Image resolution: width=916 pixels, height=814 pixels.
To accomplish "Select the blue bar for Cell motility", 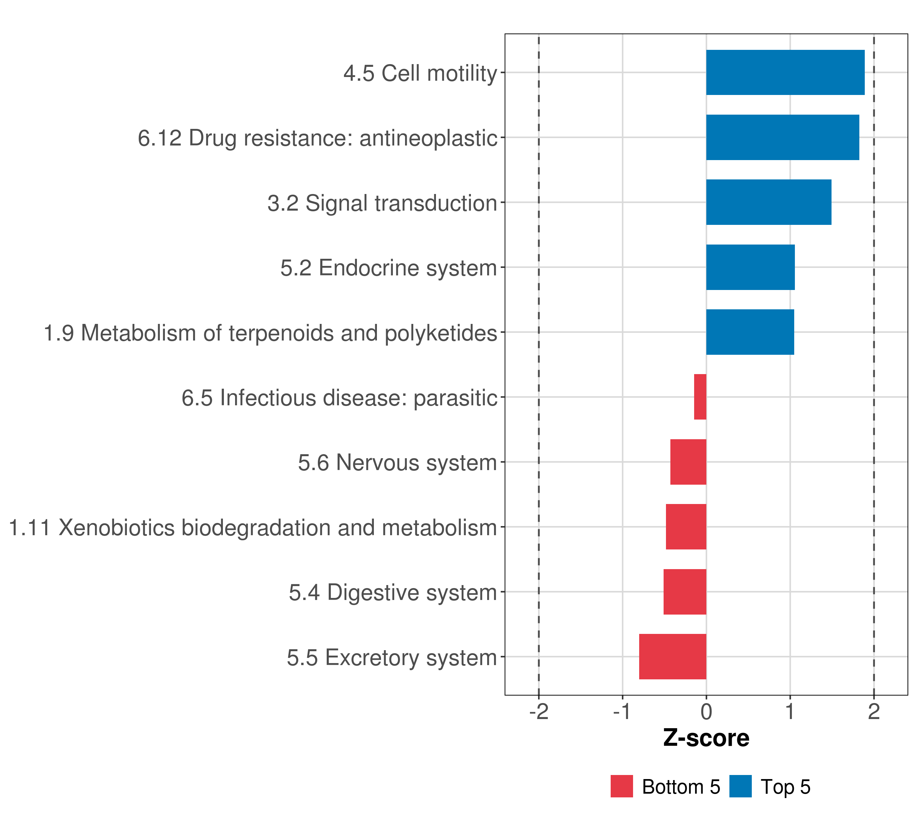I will [785, 72].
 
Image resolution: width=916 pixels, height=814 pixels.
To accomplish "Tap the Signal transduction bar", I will [768, 202].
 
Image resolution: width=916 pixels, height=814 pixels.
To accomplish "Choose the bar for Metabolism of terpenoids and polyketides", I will [750, 332].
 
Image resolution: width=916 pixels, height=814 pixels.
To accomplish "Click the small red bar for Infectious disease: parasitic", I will [700, 397].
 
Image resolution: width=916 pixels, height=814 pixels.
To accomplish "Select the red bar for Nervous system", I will [688, 462].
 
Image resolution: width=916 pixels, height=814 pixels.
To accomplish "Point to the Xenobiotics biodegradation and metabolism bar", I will [686, 527].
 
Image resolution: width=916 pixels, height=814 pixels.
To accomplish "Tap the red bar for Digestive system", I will [684, 592].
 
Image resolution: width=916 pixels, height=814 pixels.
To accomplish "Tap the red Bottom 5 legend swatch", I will [622, 786].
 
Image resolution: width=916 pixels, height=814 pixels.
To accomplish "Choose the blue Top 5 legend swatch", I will [740, 786].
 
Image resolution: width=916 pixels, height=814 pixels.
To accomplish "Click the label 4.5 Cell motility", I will [420, 73].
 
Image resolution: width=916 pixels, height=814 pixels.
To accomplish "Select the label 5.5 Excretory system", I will [392, 658].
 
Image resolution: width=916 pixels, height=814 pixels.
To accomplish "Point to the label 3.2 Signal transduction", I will [382, 203].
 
